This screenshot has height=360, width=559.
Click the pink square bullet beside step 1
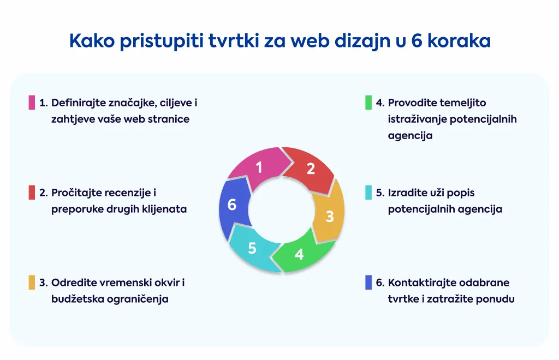(32, 102)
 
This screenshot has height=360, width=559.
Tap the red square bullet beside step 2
(32, 193)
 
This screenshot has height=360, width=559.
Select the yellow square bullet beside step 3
(32, 283)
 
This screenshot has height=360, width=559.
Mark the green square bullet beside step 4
(368, 102)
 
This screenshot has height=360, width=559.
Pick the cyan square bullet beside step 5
(368, 193)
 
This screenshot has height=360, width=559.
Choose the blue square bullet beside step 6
(368, 283)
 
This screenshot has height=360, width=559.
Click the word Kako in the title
(92, 40)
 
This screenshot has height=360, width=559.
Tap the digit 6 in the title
(417, 40)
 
